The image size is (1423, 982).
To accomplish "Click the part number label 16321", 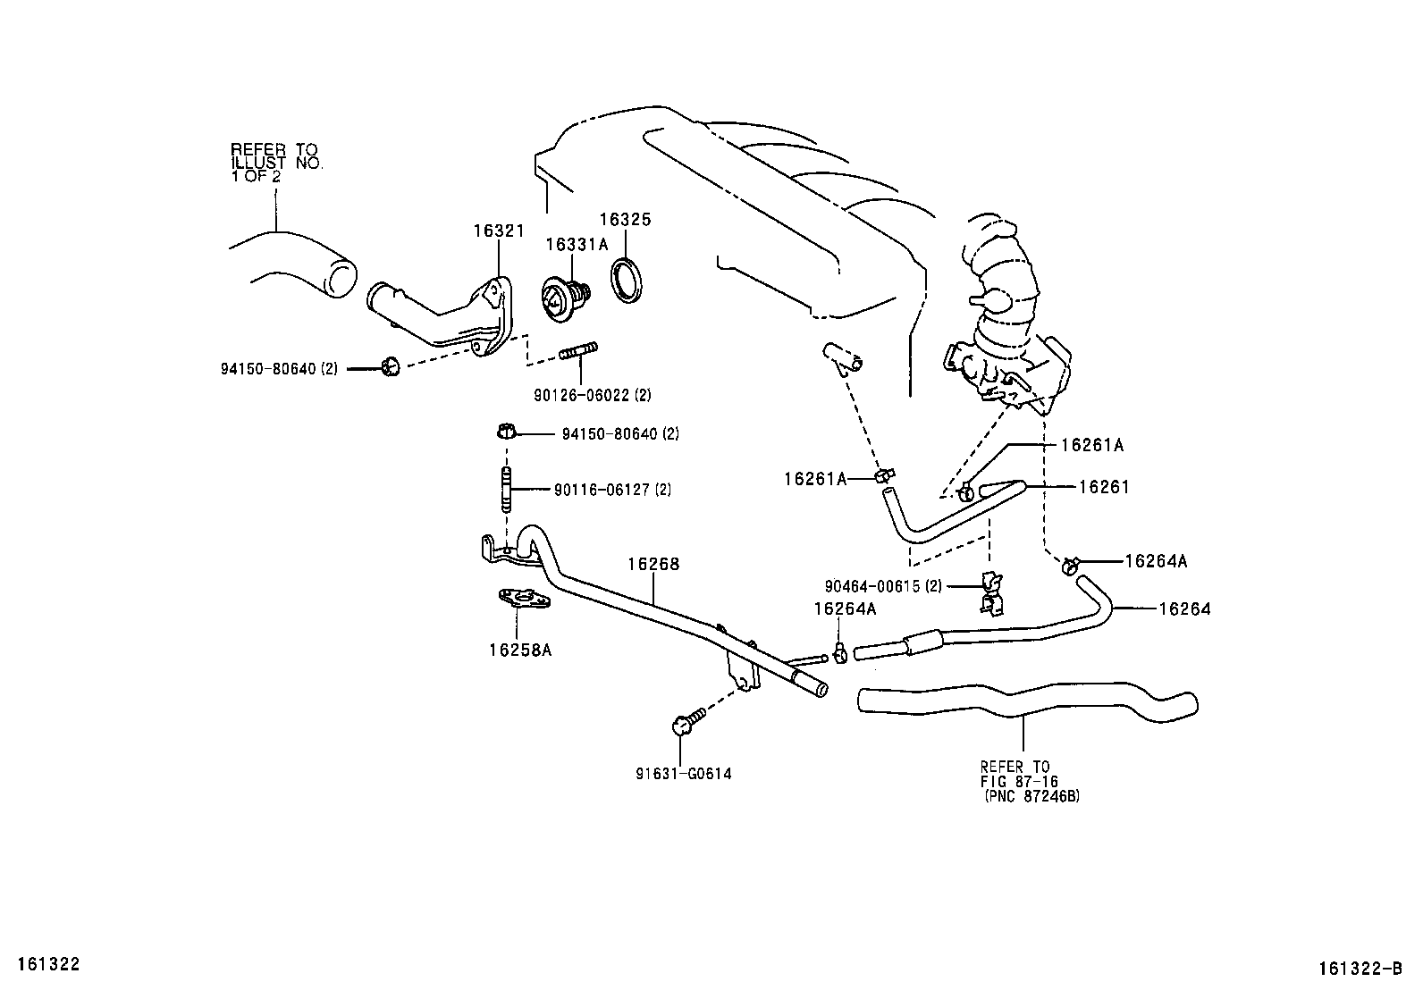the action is click(x=499, y=231).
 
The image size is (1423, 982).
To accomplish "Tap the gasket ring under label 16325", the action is click(x=627, y=281).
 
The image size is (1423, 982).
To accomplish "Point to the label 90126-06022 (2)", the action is click(x=592, y=395).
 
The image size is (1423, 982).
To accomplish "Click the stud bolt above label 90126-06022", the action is click(x=578, y=350).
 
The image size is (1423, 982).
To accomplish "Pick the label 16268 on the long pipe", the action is click(x=653, y=564).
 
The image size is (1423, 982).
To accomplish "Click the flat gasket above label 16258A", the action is click(x=524, y=599).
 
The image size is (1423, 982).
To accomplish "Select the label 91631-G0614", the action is click(x=684, y=774).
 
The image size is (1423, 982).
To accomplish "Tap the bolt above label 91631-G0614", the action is click(x=688, y=721).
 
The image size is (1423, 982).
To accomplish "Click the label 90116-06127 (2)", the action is click(x=612, y=490).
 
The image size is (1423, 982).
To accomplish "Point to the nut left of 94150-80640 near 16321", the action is click(x=391, y=366).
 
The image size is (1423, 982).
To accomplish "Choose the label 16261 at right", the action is click(x=1104, y=487).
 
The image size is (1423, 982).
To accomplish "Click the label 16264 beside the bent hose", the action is click(x=1184, y=609).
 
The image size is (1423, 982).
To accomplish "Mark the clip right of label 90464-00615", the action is click(x=991, y=593).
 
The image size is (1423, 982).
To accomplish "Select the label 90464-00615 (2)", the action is click(x=883, y=586).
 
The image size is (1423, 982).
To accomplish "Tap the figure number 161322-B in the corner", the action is click(x=1360, y=968).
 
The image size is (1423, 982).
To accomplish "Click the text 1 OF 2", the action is click(x=256, y=176).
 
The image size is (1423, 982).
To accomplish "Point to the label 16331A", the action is click(x=577, y=245).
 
